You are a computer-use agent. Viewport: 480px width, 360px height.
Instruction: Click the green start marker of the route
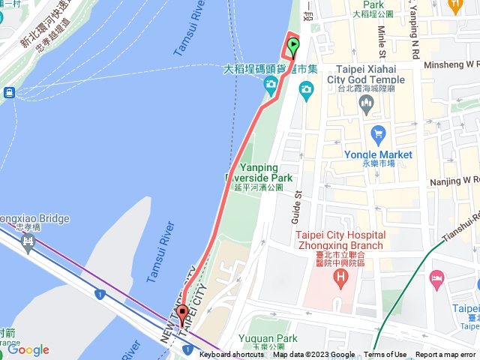click(292, 46)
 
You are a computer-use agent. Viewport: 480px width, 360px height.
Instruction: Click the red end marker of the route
click(181, 314)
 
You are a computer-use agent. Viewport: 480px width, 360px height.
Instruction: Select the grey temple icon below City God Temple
click(367, 104)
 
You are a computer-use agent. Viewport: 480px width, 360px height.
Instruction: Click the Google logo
click(28, 349)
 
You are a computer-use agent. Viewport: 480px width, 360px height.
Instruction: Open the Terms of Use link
click(385, 355)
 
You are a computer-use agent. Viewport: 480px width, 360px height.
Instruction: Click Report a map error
click(445, 355)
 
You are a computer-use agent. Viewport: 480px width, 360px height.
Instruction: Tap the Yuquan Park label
click(262, 339)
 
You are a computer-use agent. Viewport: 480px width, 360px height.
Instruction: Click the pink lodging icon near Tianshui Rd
click(436, 279)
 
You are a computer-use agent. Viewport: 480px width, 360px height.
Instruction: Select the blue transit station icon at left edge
click(9, 92)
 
